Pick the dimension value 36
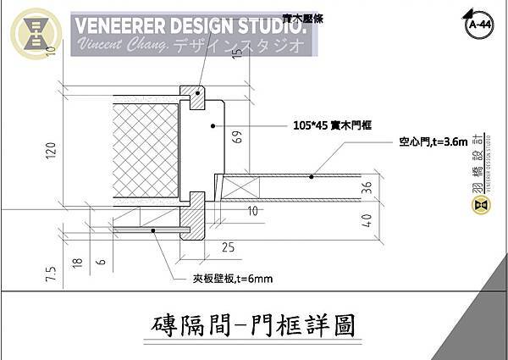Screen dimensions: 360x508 click(366, 187)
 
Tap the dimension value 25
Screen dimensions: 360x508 click(227, 247)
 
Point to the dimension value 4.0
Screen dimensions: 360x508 click(366, 222)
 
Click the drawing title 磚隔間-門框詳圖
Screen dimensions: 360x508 click(254, 324)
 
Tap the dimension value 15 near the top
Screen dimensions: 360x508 click(238, 54)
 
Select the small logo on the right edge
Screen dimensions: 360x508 click(480, 204)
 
